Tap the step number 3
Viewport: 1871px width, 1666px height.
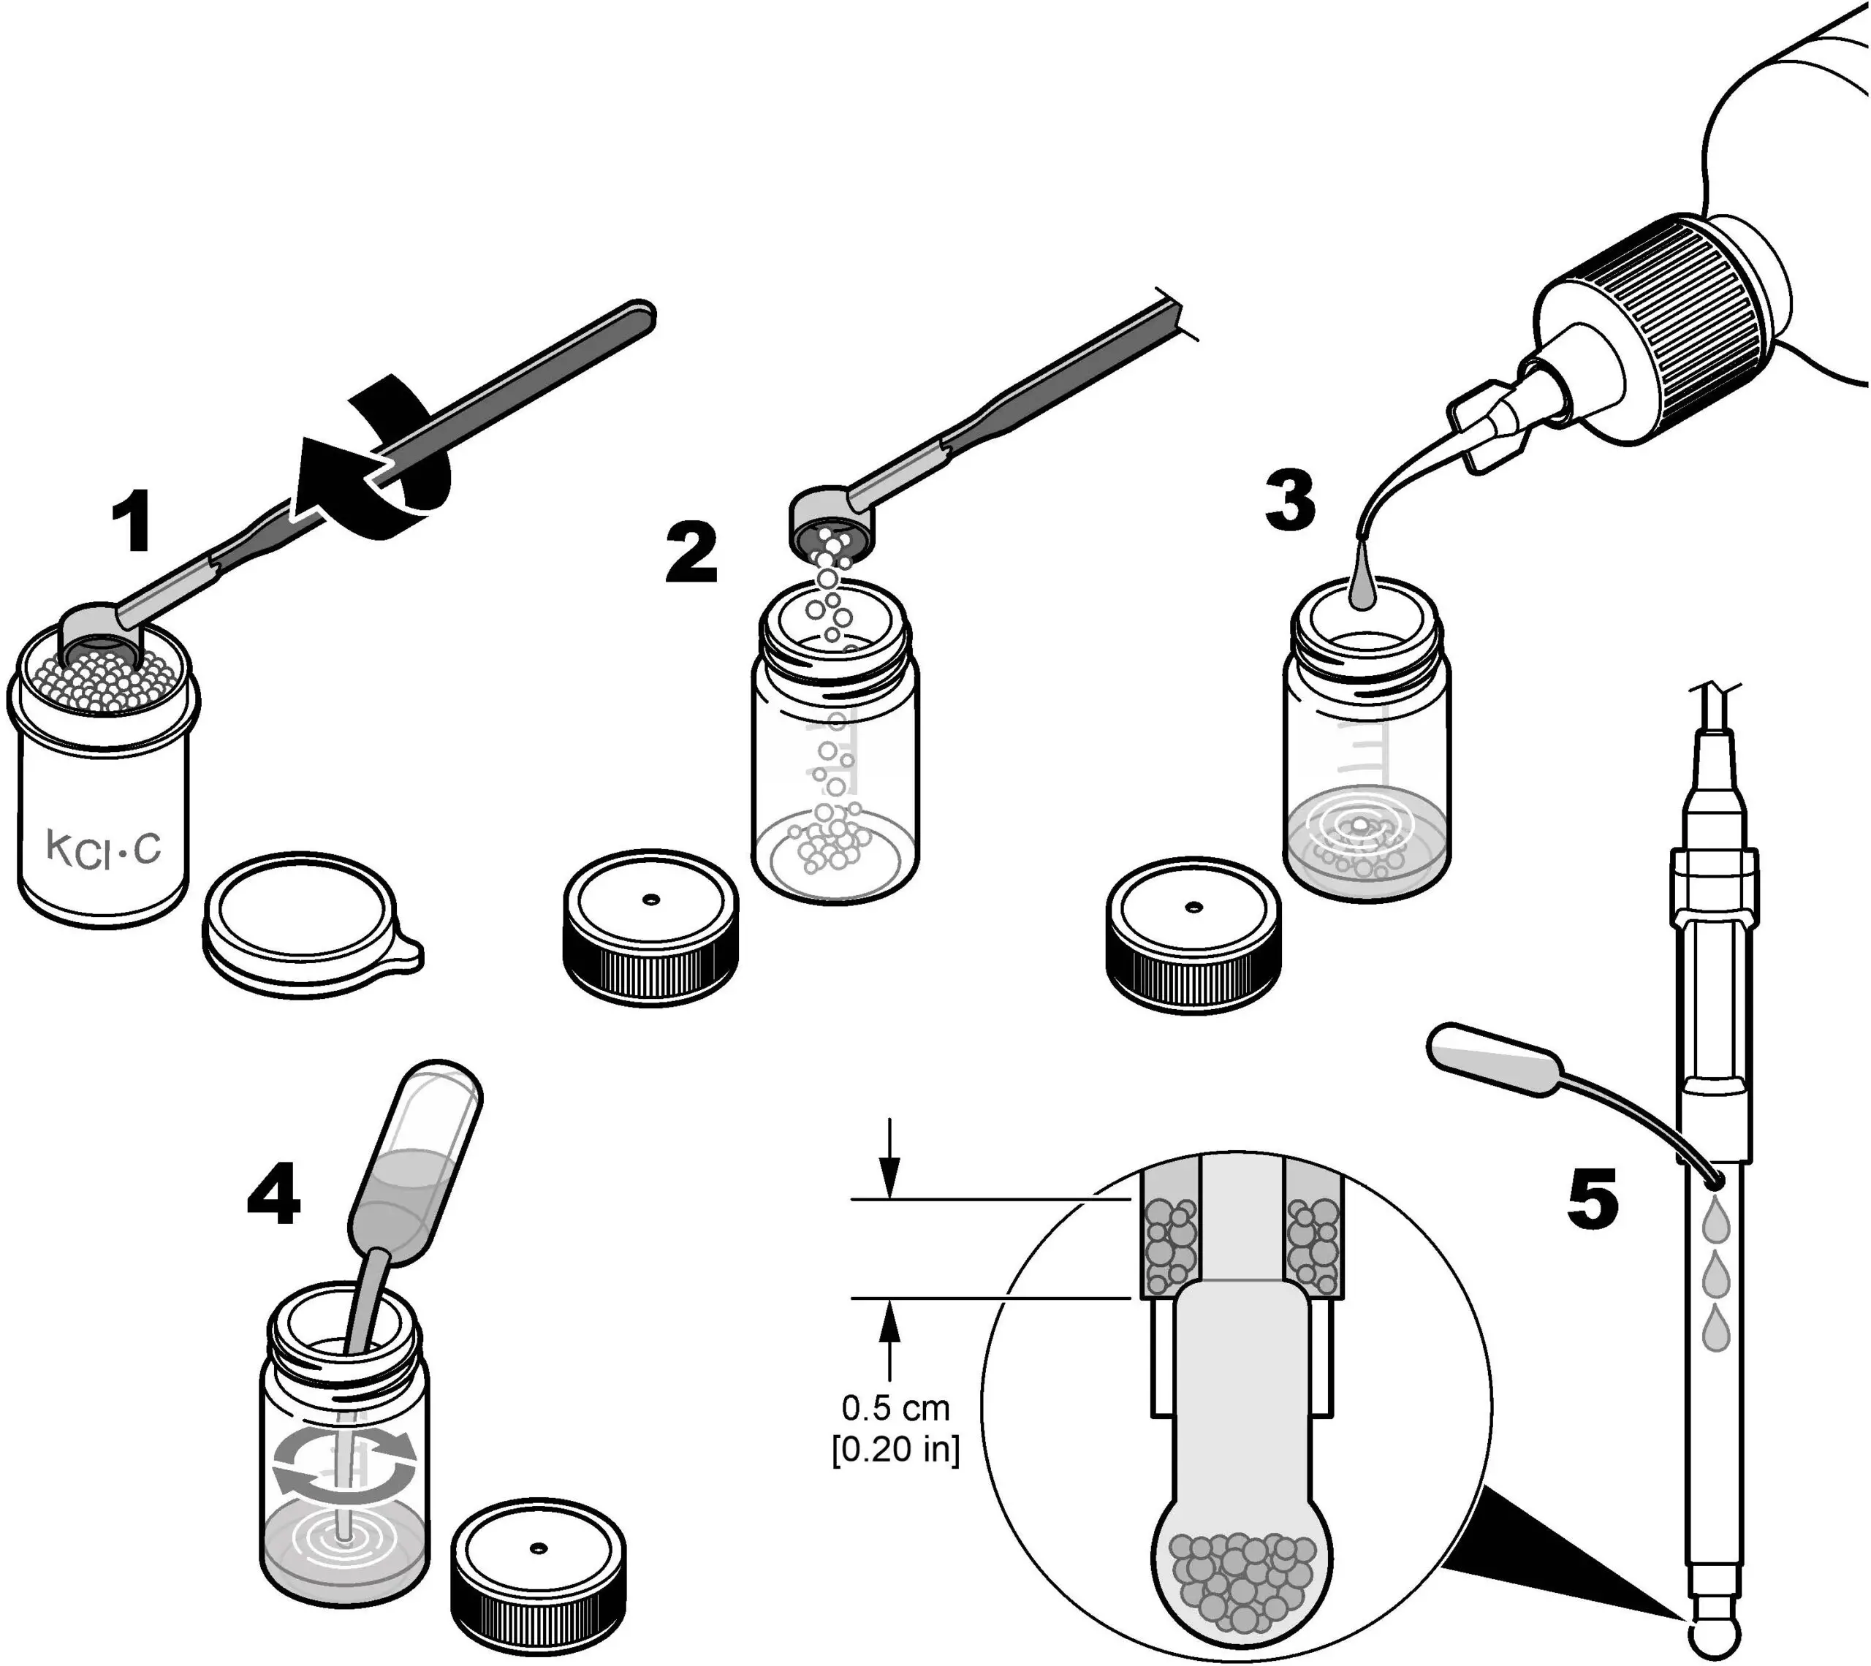click(x=1290, y=501)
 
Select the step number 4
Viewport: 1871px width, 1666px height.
click(x=273, y=1195)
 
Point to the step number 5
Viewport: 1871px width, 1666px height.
click(x=1593, y=1199)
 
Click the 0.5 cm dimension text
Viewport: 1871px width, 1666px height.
click(x=895, y=1407)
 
